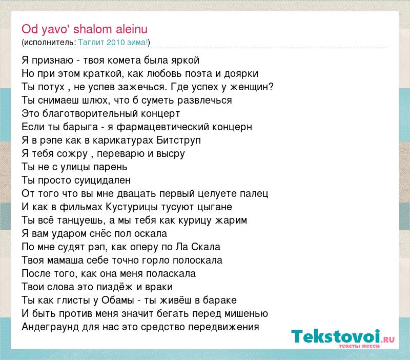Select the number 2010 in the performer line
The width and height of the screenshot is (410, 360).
(x=116, y=43)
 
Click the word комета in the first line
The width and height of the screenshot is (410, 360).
(x=124, y=61)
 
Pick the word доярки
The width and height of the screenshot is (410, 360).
(x=241, y=74)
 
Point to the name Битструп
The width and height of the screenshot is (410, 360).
(x=178, y=141)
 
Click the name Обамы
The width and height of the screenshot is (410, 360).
(x=118, y=300)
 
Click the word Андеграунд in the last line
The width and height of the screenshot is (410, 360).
(x=50, y=327)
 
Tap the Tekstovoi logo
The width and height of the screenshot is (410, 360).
(x=343, y=338)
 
